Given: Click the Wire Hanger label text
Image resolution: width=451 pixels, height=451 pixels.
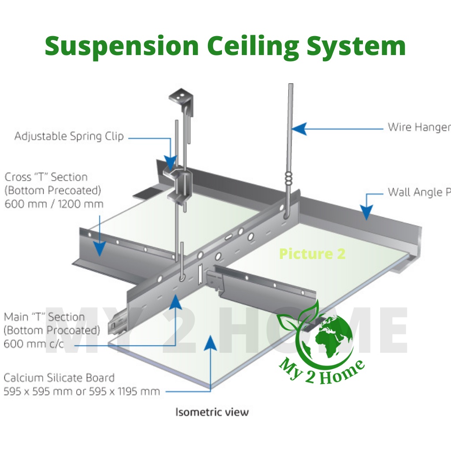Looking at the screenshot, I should tap(418, 127).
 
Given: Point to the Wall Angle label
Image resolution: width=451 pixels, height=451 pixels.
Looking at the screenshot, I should tap(418, 192).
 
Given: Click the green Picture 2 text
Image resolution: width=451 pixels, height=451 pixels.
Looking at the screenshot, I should tap(312, 254).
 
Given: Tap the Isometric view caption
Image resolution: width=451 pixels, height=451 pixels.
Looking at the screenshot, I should tap(212, 412).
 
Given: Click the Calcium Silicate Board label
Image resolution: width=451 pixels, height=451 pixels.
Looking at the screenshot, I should tap(59, 378).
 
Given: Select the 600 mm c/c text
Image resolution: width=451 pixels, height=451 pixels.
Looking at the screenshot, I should tap(33, 344).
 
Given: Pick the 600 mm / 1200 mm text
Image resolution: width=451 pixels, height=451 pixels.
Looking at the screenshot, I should tap(54, 204).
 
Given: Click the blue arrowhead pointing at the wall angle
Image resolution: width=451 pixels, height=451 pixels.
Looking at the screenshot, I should tap(366, 212).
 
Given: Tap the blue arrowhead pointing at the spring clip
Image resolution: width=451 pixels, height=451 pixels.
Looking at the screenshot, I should tap(170, 161).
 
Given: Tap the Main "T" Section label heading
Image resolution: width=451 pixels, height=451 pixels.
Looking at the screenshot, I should tap(44, 317).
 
